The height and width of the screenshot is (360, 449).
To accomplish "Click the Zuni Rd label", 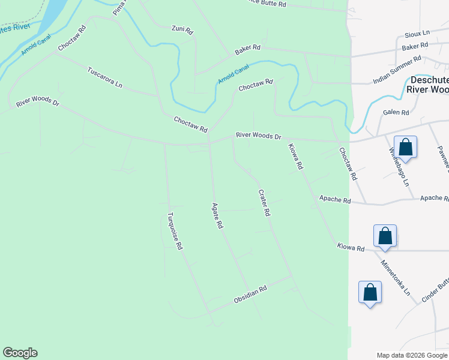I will coord(182,29).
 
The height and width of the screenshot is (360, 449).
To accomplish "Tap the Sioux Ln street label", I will coord(418,34).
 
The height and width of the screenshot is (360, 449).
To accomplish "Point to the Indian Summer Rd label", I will coord(397,70).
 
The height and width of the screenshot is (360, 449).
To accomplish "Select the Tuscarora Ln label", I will coord(105,77).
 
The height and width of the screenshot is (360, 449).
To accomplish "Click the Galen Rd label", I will coord(396,113).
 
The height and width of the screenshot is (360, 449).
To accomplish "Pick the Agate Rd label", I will coord(217,215).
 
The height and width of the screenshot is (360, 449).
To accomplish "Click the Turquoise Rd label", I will coord(175,231).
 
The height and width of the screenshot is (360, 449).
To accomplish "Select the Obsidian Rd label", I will coord(250,293).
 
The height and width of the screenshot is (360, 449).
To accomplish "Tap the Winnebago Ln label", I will coord(399,166).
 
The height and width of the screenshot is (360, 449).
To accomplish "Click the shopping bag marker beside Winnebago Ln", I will coord(406,148).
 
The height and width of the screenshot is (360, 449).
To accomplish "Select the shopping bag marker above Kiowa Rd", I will coord(385,236).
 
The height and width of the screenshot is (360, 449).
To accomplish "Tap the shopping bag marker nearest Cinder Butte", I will coord(370,292).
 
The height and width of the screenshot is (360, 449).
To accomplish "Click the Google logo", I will coord(20,353).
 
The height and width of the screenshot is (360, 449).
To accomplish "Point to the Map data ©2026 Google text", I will coord(411,355).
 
